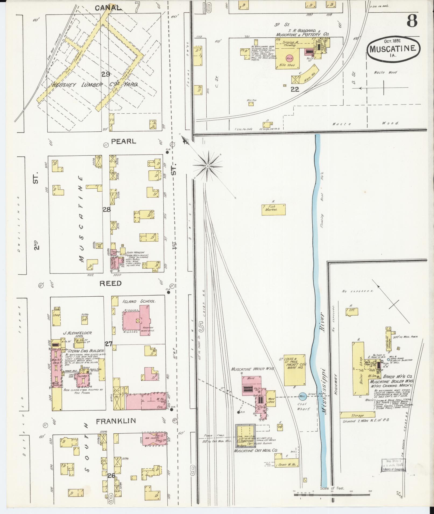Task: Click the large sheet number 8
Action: pos(412,20)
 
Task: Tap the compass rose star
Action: pos(208,166)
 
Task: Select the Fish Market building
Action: pos(273,210)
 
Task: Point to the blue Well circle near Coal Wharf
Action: pos(302,396)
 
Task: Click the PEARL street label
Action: pos(124,141)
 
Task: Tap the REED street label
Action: pos(110,283)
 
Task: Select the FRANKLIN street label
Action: pos(116,428)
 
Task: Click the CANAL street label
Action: pos(107,8)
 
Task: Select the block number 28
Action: pos(107,210)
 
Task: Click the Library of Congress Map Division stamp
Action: pos(393,465)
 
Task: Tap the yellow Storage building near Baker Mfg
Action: pos(357,415)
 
